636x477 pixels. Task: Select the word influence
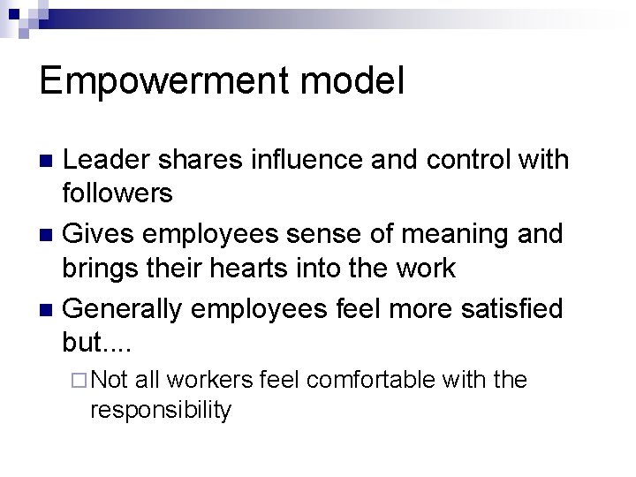point(316,160)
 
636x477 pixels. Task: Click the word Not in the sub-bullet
point(110,380)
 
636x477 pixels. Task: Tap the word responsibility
point(160,409)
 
